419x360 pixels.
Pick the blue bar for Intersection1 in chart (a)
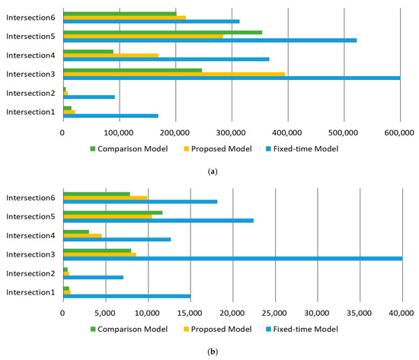(x=110, y=116)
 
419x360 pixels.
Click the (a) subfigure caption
(x=209, y=172)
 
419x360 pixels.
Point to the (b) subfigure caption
(x=209, y=352)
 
